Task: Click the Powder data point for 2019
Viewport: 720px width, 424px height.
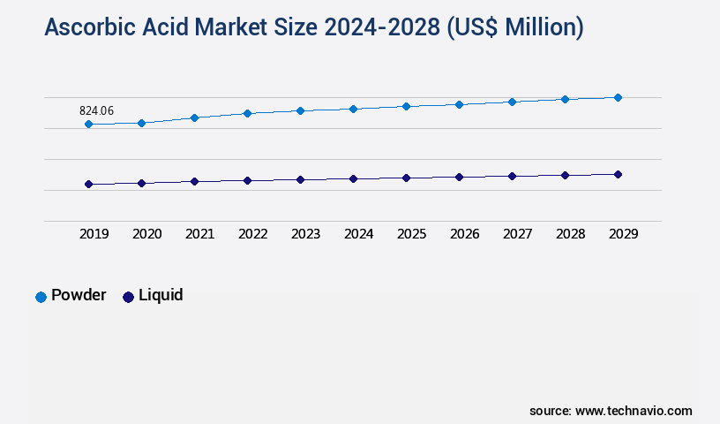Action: (x=88, y=125)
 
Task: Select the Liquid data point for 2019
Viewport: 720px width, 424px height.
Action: (x=88, y=184)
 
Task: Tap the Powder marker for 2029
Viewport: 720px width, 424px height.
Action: (x=618, y=97)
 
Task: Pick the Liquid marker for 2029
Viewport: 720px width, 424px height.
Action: (x=618, y=174)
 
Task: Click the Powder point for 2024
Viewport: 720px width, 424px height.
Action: (x=353, y=109)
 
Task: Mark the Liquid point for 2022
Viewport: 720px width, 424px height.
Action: (x=247, y=180)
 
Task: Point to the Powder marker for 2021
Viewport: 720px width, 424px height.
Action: (x=194, y=117)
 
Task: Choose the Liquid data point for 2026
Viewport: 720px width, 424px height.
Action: (x=459, y=177)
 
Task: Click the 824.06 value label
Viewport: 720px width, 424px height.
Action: (x=96, y=110)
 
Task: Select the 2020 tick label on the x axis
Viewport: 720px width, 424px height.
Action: (x=146, y=234)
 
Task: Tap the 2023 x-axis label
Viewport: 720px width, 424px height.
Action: (x=305, y=234)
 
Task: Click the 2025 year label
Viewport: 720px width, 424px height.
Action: (x=411, y=234)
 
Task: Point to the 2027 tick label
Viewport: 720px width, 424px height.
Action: (x=517, y=234)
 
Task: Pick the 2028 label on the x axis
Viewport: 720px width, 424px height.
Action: (x=570, y=234)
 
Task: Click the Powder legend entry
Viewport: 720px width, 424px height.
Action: (x=71, y=296)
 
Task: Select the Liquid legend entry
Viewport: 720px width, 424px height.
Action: (x=154, y=296)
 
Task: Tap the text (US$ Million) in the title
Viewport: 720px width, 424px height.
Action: (x=514, y=28)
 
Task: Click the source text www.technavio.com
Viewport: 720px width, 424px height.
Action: (x=634, y=411)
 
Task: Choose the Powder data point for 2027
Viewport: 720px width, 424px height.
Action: (x=512, y=102)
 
